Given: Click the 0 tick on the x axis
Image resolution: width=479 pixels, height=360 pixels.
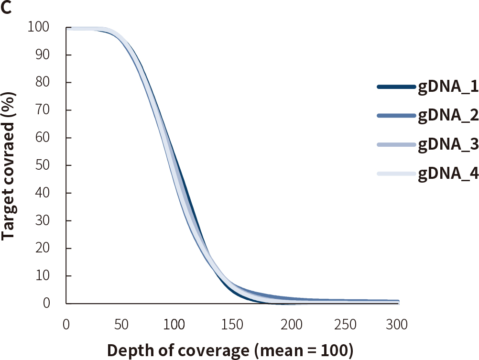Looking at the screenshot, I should point(66,325).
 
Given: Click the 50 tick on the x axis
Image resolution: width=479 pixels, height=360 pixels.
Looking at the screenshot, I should point(121,325).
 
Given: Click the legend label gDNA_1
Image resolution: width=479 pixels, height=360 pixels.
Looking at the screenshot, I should point(448,87).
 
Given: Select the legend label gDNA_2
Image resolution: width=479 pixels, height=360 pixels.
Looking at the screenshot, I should point(448,116).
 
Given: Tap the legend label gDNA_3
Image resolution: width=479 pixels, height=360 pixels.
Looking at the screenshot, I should point(448,145).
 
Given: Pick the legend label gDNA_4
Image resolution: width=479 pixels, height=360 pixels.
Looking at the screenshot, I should point(448,174).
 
